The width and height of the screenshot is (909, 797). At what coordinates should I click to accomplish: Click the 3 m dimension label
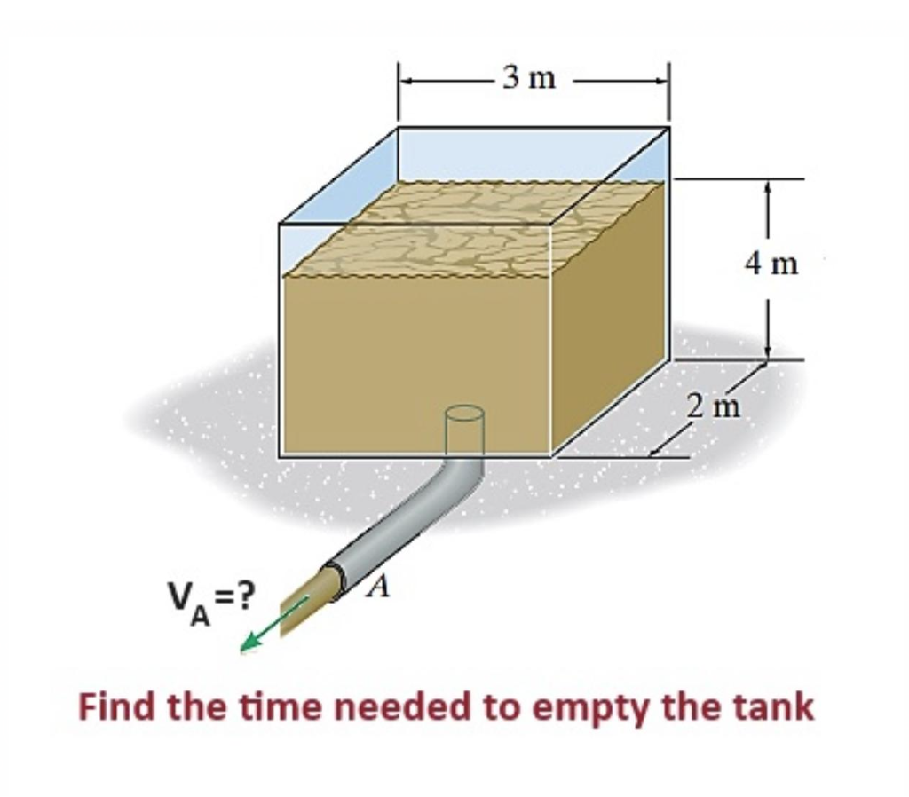click(528, 79)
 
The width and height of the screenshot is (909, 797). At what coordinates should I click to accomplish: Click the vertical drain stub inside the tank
click(464, 430)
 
